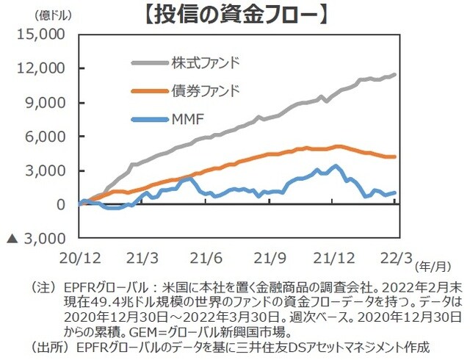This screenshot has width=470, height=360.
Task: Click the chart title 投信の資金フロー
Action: [x=236, y=14]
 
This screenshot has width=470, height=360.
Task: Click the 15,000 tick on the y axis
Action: [x=42, y=35]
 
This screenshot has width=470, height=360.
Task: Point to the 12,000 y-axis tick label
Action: [x=42, y=68]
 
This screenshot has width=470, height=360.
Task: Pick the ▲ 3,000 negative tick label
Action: [x=36, y=239]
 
